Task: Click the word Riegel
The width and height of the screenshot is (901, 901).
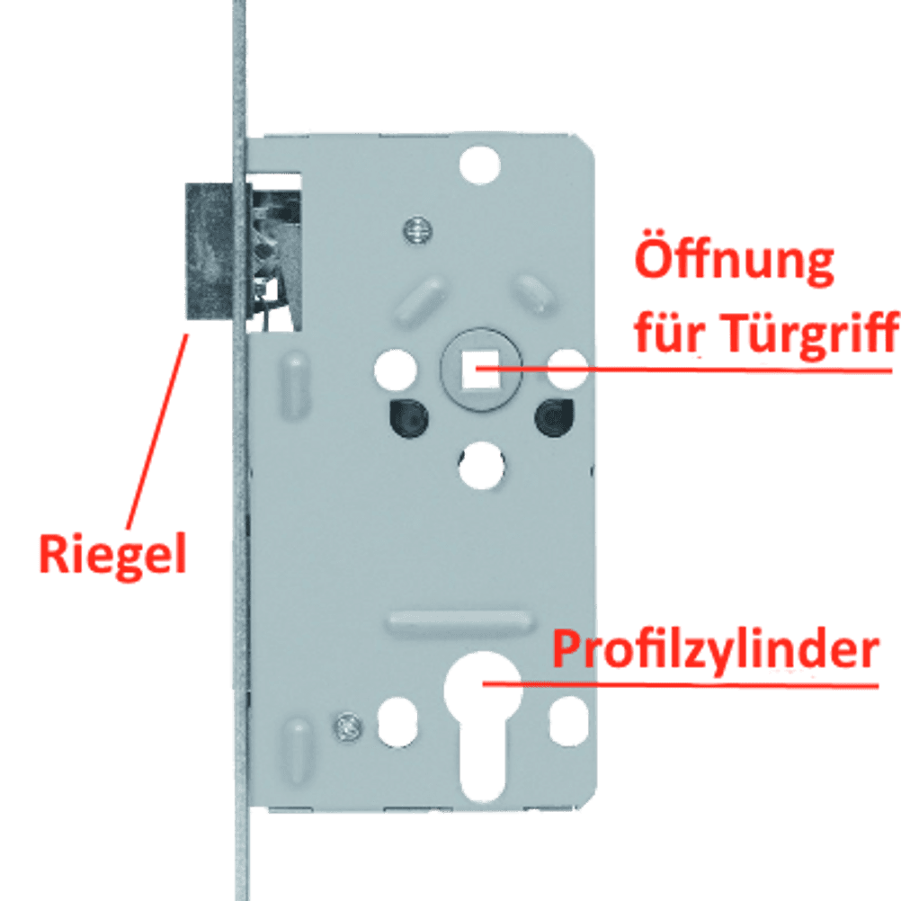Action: (112, 554)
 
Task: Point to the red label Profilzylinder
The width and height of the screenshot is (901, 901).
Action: (714, 649)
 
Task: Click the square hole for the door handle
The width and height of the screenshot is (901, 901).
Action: (477, 369)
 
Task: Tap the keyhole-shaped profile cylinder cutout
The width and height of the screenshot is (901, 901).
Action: (484, 719)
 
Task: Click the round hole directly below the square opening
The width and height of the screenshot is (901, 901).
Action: (482, 464)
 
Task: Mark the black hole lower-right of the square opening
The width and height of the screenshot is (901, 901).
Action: (554, 416)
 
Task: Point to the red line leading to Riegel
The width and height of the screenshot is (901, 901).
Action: (158, 432)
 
